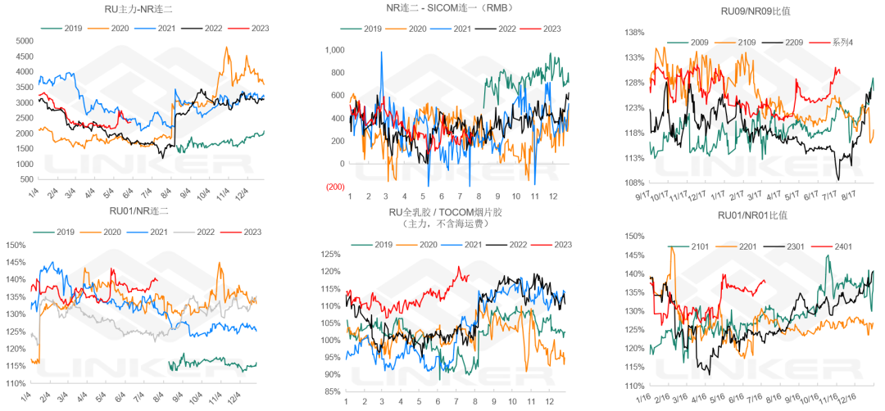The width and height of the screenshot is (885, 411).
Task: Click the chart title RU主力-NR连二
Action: [x=135, y=11]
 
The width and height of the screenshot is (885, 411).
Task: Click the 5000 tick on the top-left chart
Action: [x=23, y=41]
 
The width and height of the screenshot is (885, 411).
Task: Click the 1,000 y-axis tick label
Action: [x=333, y=50]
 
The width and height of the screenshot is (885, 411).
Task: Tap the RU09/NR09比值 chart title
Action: [x=750, y=10]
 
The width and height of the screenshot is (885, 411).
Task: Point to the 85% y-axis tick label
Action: [x=330, y=391]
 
